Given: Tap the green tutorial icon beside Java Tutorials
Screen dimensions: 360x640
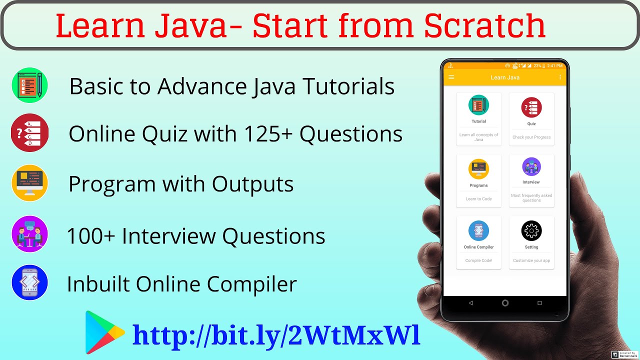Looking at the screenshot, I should pos(30,85).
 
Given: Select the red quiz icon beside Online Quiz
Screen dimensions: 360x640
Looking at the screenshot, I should pos(30,133).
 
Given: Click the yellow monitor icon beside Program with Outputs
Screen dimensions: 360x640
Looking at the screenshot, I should pos(30,183).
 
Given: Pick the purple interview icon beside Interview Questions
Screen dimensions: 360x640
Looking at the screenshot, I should pos(30,234).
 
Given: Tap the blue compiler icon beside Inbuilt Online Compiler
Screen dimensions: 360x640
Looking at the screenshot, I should pos(30,282).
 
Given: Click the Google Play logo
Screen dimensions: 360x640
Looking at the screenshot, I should pos(103,332).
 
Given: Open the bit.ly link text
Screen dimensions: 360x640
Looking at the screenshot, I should pos(276,335).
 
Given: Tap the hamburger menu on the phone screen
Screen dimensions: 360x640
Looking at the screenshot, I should pos(451,77).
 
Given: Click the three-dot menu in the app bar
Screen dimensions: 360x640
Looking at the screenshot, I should pos(560,77).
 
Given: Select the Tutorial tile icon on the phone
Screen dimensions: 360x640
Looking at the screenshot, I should pos(478,105).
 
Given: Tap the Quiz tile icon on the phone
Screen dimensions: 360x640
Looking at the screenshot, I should pos(531,107).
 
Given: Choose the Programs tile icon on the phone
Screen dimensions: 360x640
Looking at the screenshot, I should pos(478,169).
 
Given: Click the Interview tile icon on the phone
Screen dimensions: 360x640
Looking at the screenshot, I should pos(531,166).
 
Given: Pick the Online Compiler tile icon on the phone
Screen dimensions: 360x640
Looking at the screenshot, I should pos(478,230).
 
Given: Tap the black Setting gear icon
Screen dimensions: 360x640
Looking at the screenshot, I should pos(531,230).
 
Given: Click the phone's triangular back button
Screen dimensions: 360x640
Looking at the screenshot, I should pos(471,303).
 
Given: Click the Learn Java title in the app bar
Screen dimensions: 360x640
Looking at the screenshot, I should pos(505,77).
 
